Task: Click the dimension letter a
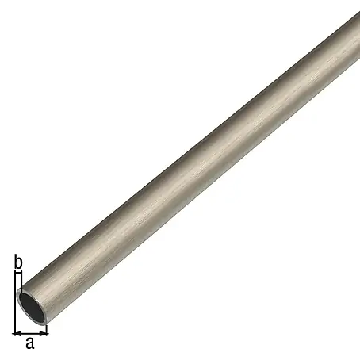30,343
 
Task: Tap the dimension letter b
18,262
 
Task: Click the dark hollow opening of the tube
33,308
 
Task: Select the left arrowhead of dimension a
18,334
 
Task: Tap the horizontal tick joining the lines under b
18,271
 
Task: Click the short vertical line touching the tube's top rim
21,280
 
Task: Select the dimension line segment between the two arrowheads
30,334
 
